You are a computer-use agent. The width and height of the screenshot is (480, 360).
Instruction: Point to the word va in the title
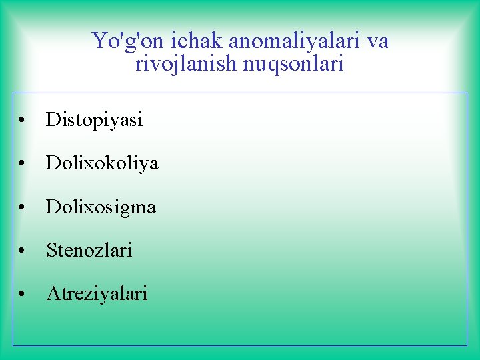coord(377,41)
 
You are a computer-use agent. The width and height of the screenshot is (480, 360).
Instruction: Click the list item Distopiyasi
coord(94,120)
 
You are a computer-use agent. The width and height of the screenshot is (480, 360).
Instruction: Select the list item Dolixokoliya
coord(102,163)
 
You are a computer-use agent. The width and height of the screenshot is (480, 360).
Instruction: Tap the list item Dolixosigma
coord(101,207)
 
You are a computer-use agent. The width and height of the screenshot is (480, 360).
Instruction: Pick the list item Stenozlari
coord(89,251)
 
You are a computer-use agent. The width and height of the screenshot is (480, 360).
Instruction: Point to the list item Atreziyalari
coord(97,293)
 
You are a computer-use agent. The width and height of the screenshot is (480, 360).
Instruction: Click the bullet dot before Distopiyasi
coord(23,121)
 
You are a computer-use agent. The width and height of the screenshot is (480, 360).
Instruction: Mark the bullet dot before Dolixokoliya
coord(23,165)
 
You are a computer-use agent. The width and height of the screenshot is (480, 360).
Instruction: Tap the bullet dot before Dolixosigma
coord(23,208)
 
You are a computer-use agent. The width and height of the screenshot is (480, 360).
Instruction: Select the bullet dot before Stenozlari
coord(23,251)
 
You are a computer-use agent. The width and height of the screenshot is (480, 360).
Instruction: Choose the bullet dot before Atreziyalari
coord(23,295)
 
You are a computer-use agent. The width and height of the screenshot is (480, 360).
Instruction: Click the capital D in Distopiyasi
coord(52,120)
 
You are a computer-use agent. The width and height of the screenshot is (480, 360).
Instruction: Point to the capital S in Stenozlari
coord(51,251)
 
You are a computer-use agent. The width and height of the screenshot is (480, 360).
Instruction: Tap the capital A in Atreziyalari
coord(52,293)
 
